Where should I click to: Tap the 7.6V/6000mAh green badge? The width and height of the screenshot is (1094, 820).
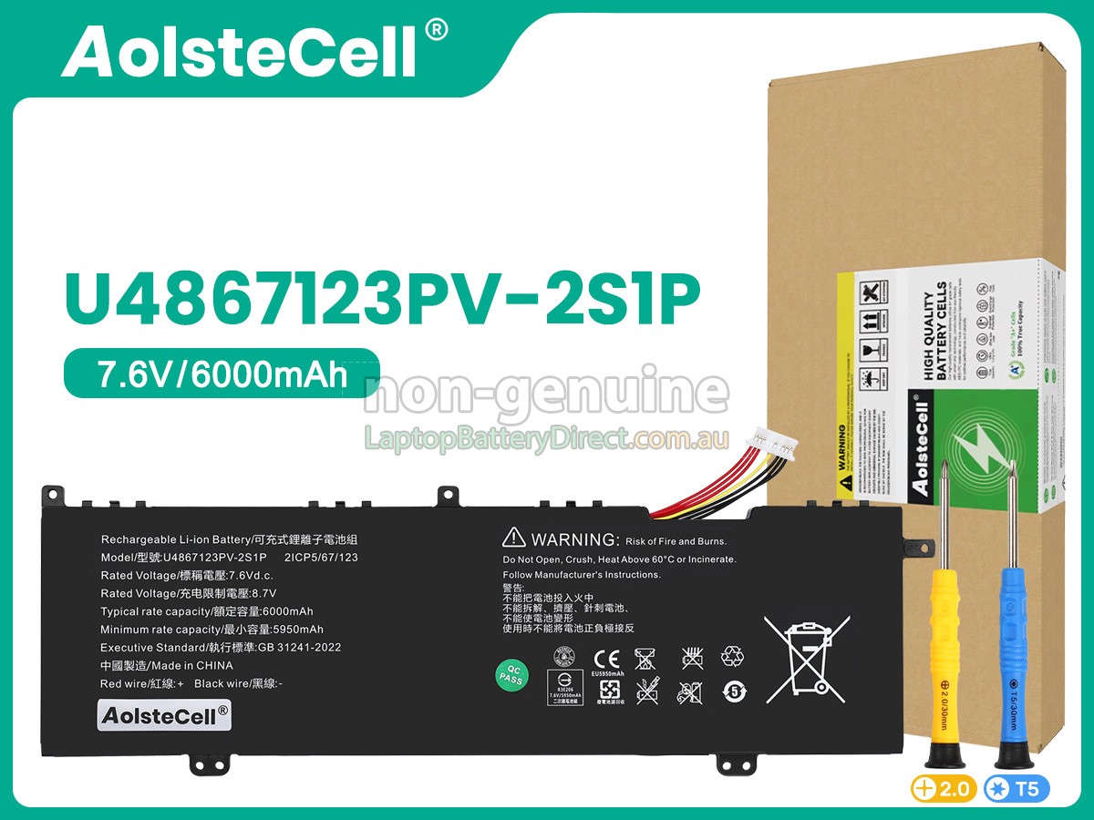222,374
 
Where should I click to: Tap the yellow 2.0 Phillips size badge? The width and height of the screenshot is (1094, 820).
944,789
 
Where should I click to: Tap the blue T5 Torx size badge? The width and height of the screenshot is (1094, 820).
1017,789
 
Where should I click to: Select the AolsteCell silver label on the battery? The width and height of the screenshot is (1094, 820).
164,715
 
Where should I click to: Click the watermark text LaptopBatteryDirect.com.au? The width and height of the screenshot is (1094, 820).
547,438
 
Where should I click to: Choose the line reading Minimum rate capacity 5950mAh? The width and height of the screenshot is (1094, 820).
212,630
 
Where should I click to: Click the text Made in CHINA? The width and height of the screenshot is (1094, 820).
167,665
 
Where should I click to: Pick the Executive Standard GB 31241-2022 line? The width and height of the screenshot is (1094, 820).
221,648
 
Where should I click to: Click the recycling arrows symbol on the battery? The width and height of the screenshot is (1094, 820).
732,657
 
